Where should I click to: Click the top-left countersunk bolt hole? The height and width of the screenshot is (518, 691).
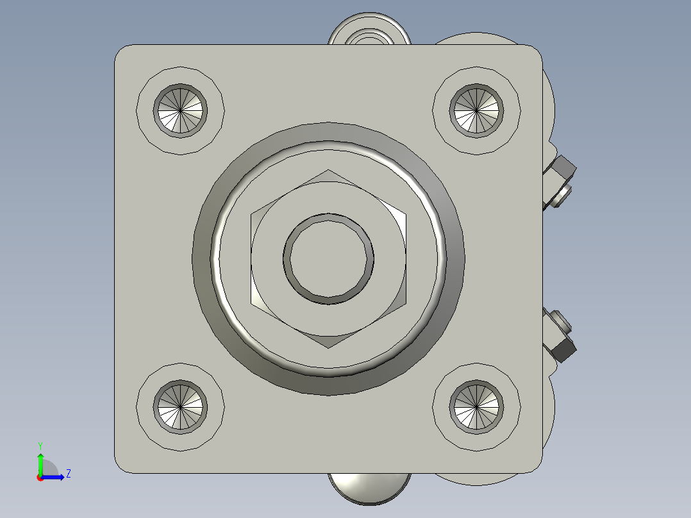pyautogui.click(x=180, y=111)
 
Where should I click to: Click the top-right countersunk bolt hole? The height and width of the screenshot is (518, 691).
pyautogui.click(x=476, y=111)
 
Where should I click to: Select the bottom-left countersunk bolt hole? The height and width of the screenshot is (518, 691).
pyautogui.click(x=180, y=407)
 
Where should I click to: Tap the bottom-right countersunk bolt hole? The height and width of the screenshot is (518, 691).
pyautogui.click(x=476, y=407)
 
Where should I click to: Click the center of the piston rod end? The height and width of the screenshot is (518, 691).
pyautogui.click(x=328, y=259)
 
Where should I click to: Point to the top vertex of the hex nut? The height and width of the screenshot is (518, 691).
pyautogui.click(x=328, y=171)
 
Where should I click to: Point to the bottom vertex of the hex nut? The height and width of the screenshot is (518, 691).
pyautogui.click(x=328, y=347)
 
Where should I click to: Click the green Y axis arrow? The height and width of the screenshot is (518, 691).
pyautogui.click(x=40, y=462)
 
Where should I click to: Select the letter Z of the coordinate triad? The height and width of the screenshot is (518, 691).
pyautogui.click(x=68, y=474)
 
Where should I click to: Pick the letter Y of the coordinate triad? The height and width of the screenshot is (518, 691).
pyautogui.click(x=40, y=445)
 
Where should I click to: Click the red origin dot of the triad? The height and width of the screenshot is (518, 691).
pyautogui.click(x=40, y=477)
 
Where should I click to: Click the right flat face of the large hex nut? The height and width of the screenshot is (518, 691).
pyautogui.click(x=405, y=259)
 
